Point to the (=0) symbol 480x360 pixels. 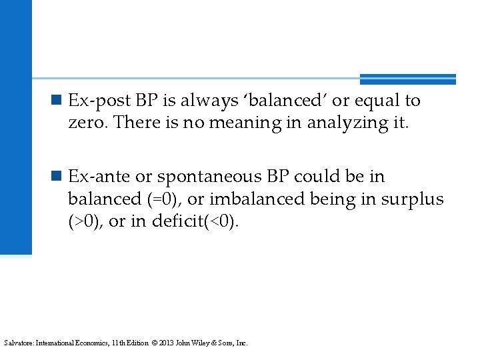point(165,199)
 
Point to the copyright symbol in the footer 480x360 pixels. point(154,343)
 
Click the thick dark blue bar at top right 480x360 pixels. point(407,79)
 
